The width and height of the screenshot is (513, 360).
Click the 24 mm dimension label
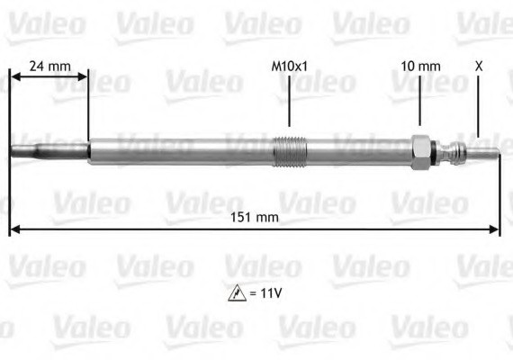point(50,66)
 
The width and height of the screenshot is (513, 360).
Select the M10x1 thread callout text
point(290,67)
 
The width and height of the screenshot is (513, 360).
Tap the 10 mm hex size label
point(420,67)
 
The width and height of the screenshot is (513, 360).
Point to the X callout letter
point(479,67)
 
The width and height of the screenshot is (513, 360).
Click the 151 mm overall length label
point(255,217)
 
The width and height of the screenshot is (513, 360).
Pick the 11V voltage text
point(271,292)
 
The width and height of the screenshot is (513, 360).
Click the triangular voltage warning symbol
point(238,293)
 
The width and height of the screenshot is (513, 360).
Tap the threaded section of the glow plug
point(290,151)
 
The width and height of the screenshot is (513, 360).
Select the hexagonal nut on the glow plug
point(421,152)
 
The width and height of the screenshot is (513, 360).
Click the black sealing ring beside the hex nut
point(434,152)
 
